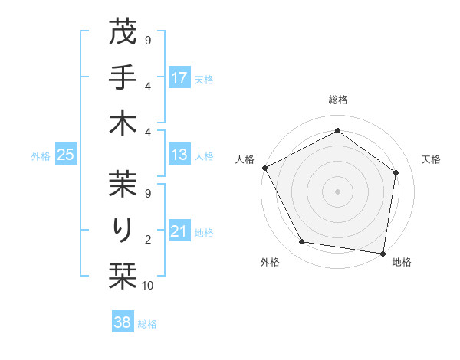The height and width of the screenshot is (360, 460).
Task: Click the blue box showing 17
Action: [179, 77]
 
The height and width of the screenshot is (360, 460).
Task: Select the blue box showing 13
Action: [179, 155]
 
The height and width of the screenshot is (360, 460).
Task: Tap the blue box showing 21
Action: [179, 232]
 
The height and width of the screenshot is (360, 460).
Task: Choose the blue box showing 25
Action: [66, 155]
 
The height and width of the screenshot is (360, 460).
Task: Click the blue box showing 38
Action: [123, 323]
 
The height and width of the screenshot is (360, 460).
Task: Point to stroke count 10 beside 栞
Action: [148, 286]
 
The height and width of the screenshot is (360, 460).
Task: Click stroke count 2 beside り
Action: [148, 241]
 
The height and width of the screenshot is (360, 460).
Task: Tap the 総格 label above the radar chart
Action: [337, 100]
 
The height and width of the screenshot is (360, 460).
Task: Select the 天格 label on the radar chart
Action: [431, 159]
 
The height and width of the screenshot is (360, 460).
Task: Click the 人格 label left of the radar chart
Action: [245, 159]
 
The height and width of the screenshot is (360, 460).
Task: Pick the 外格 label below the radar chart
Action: [270, 262]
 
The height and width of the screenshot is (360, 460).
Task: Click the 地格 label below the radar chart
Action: [402, 262]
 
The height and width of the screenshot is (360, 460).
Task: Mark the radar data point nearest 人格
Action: [265, 168]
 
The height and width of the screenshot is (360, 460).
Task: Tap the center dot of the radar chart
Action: [337, 191]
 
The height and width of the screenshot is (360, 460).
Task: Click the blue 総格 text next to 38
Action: [147, 324]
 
